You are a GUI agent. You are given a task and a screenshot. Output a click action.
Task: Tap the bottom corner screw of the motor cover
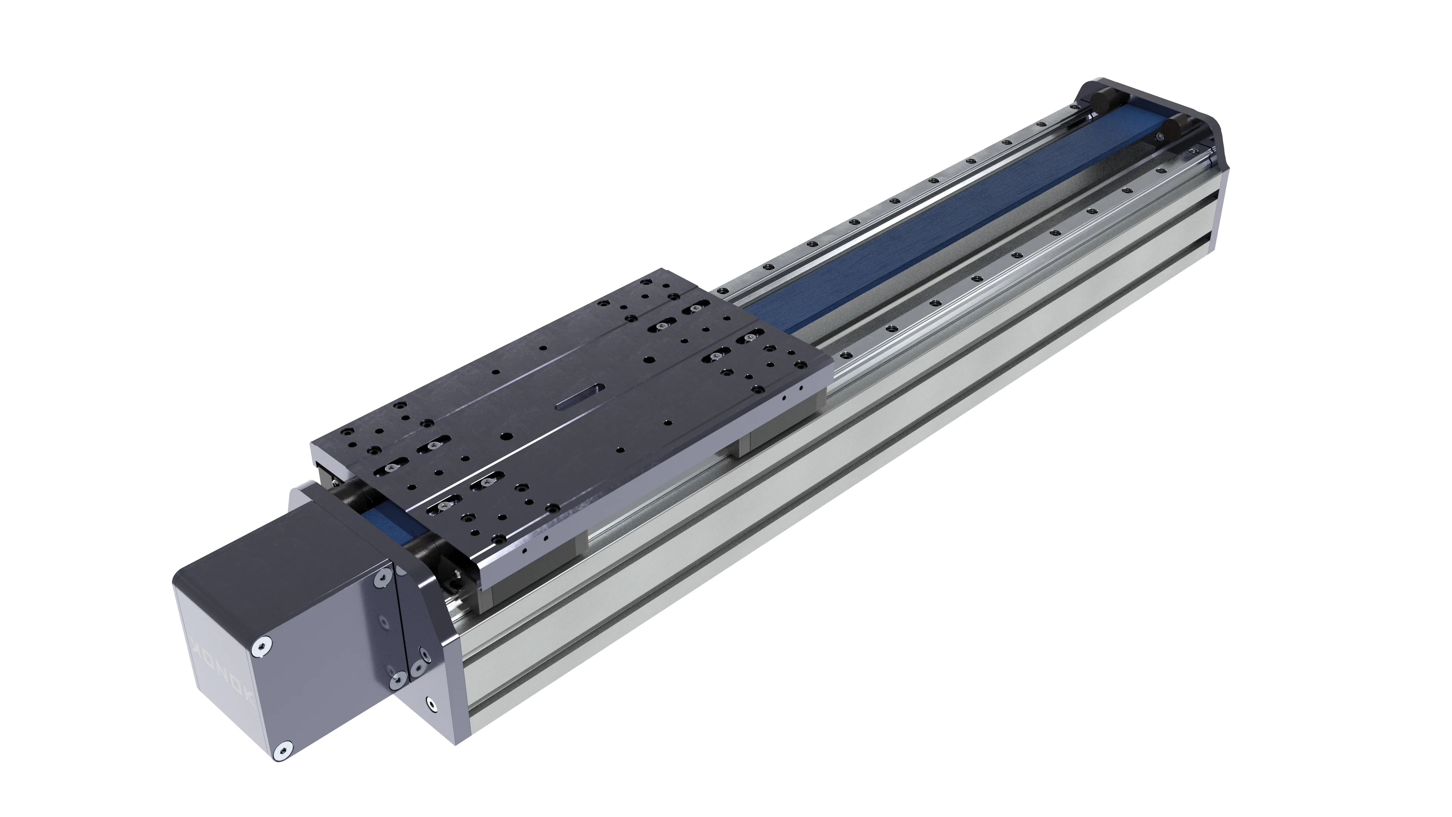tap(283, 750)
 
